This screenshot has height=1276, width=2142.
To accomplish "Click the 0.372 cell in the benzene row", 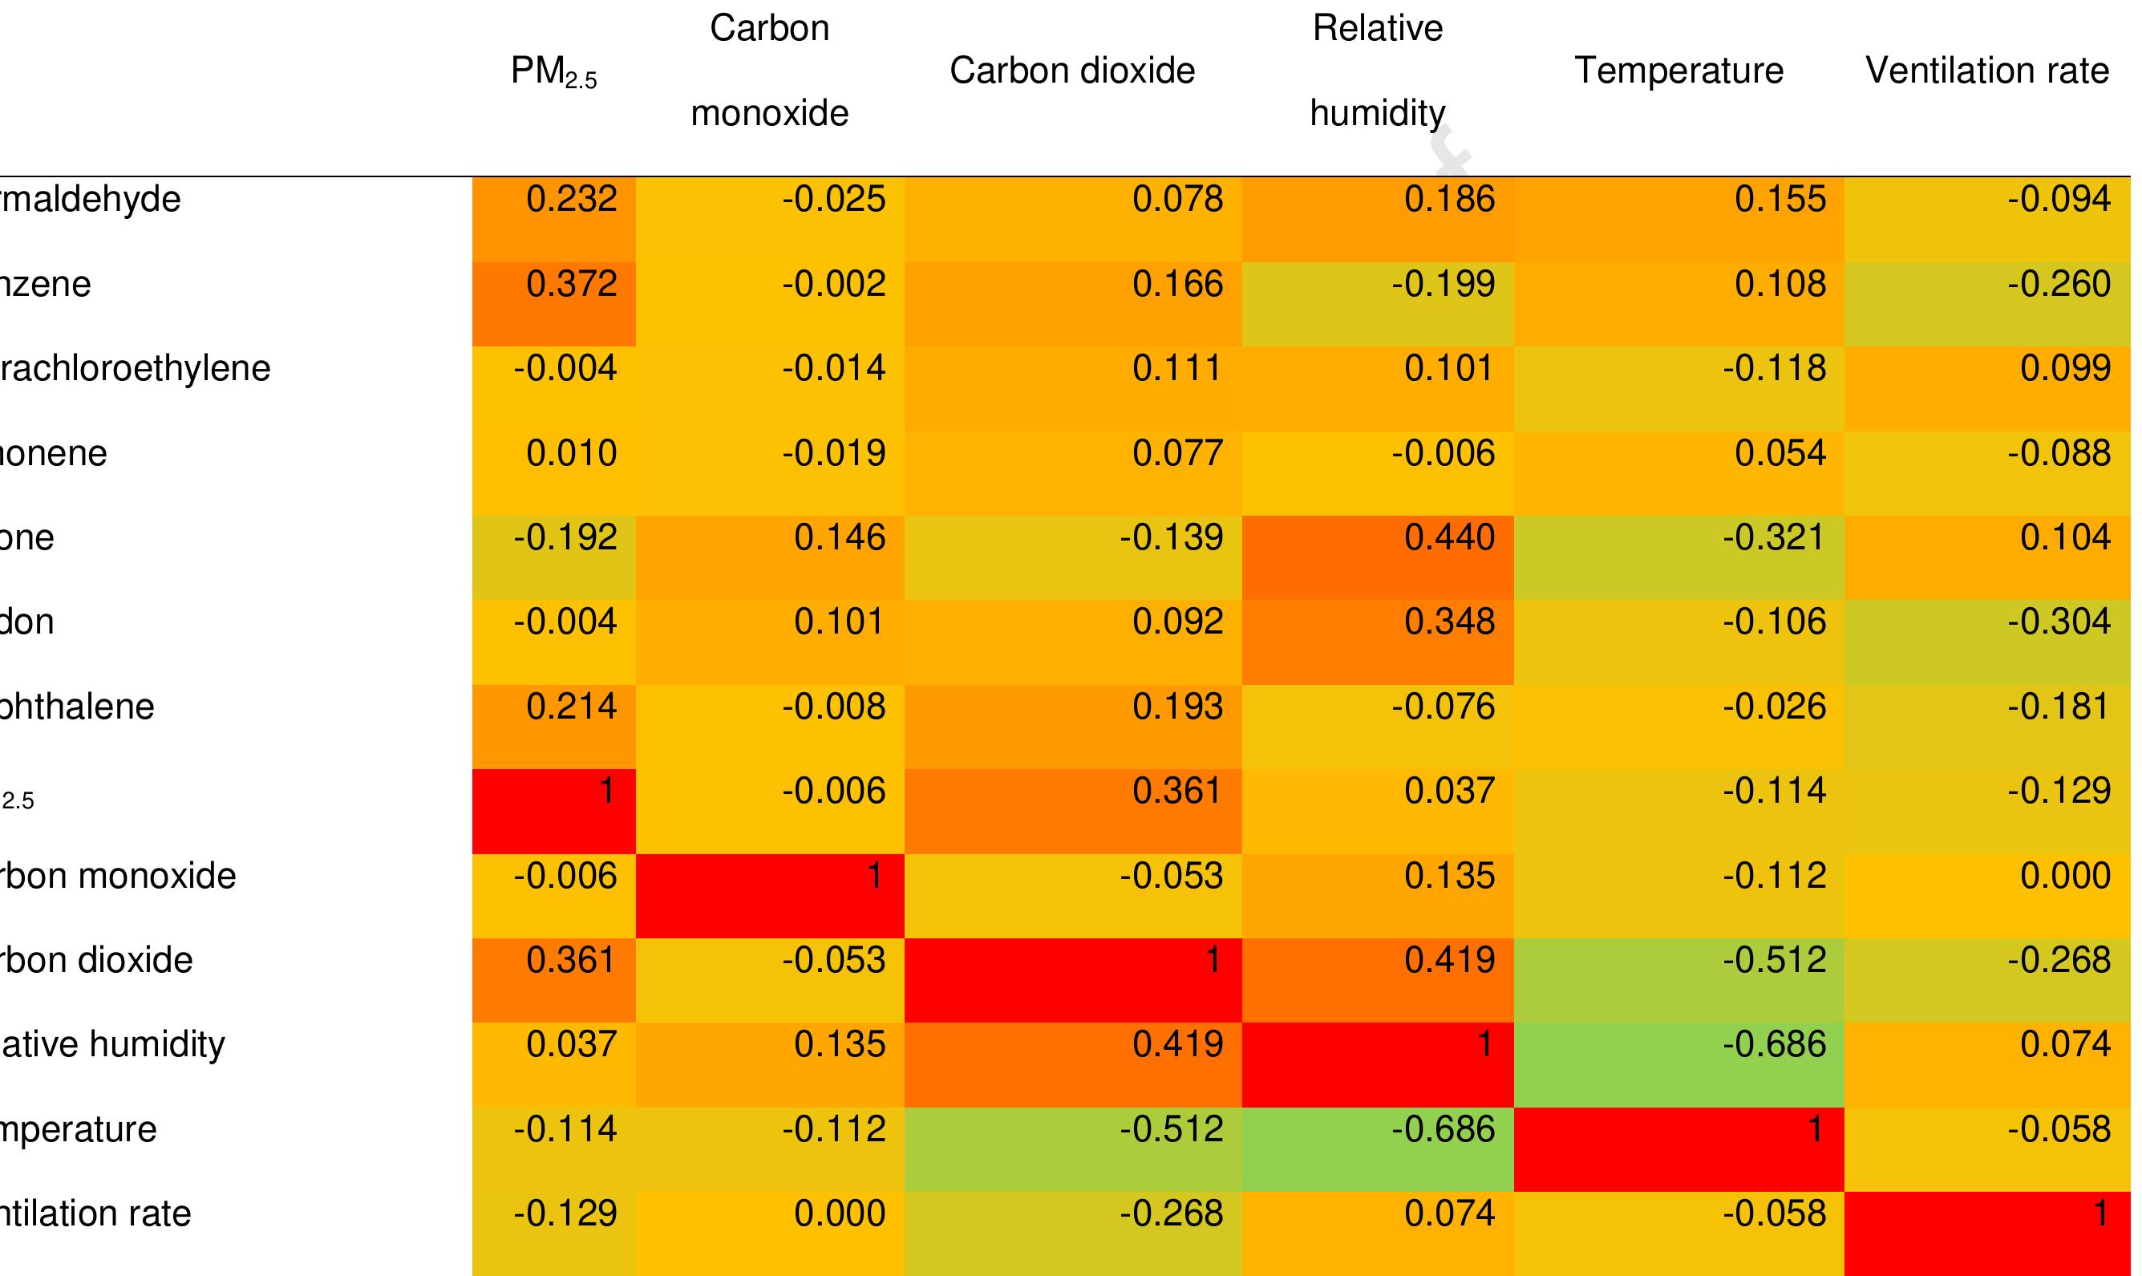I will click(x=573, y=285).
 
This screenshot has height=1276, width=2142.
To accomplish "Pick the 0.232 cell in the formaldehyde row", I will click(x=573, y=200).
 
